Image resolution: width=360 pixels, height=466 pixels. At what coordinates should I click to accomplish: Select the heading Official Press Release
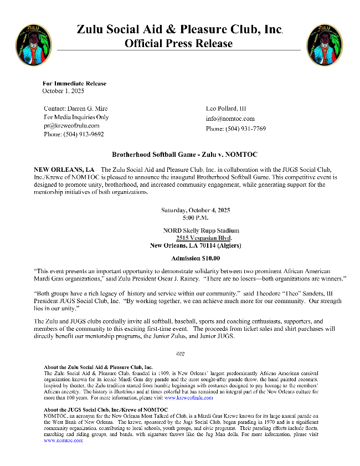179,43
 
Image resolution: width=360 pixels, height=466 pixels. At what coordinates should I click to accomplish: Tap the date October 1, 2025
63,90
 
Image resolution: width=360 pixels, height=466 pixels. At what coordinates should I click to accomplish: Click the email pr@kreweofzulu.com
71,126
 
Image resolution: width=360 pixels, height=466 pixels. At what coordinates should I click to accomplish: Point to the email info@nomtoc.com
230,119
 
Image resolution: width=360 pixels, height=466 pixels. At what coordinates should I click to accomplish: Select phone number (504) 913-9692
74,134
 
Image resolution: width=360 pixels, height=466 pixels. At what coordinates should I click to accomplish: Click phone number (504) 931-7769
236,129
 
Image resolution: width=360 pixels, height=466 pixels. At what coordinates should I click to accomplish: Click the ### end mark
180,353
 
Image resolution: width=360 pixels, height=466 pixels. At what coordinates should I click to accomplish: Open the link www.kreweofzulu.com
188,397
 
